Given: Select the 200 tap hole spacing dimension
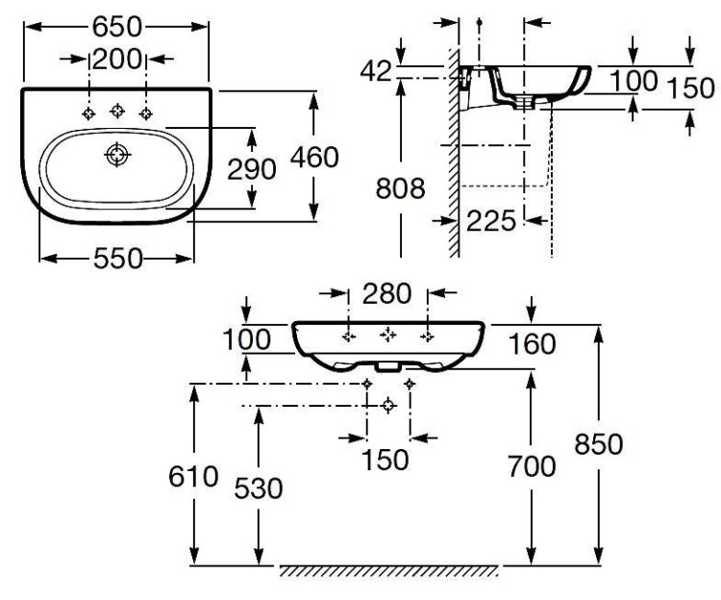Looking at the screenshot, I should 117,60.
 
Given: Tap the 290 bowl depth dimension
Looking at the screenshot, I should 253,168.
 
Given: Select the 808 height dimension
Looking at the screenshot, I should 400,188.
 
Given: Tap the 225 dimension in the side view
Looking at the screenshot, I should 491,220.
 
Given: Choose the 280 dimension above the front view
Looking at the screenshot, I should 387,292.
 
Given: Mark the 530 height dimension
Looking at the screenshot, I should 260,488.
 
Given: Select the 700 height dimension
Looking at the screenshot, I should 532,467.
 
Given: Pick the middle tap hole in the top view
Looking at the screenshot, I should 117,111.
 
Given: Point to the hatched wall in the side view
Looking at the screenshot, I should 451,154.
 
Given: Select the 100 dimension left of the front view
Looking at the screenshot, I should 248,340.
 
